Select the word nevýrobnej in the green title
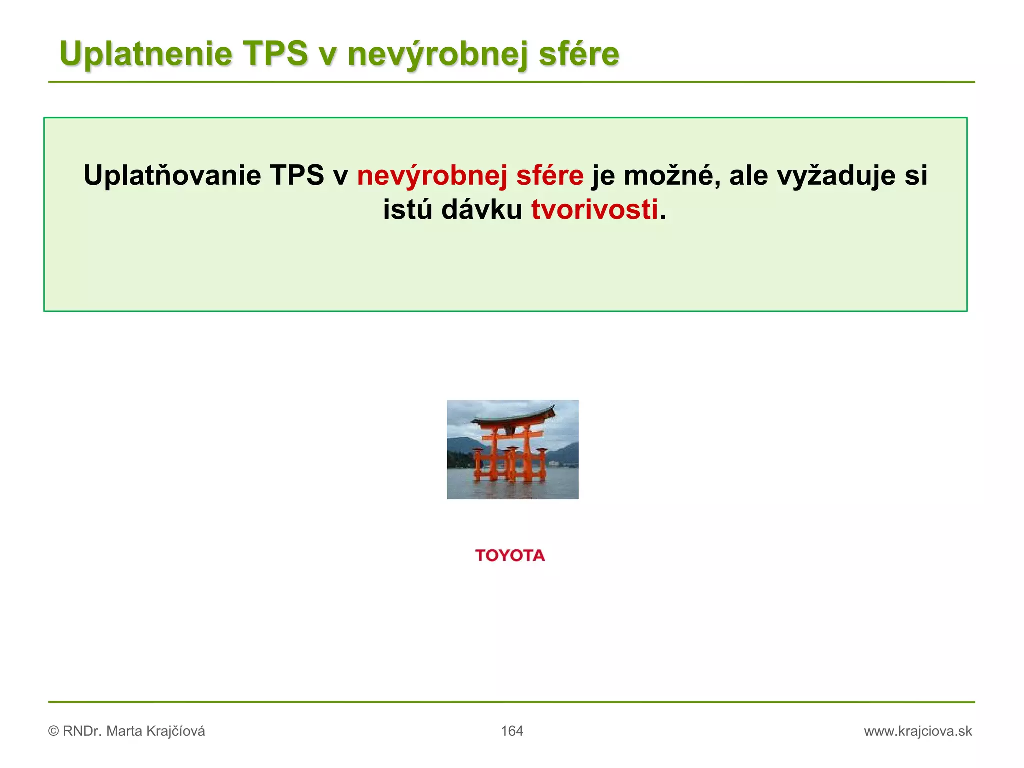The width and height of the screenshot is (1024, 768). [437, 54]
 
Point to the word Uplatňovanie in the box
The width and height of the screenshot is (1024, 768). [172, 176]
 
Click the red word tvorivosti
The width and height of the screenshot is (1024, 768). [594, 210]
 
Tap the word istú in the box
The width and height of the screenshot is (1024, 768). [407, 210]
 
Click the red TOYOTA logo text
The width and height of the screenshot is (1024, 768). [510, 556]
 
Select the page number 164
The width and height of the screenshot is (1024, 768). [512, 731]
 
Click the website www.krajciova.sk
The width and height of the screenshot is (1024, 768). [918, 731]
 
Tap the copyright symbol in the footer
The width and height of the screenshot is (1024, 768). [53, 731]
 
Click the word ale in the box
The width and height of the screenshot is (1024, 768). [748, 176]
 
